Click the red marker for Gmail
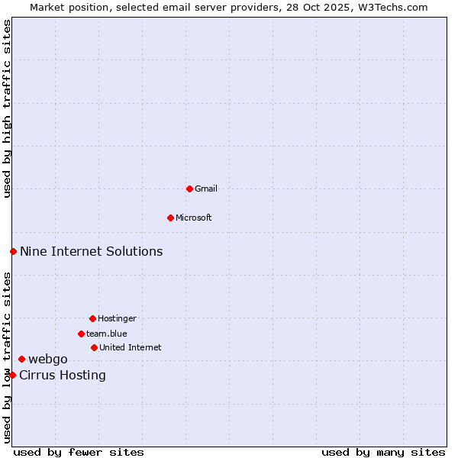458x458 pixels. click(x=189, y=189)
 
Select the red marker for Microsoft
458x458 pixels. click(x=170, y=218)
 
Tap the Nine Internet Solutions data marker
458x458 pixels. click(x=13, y=251)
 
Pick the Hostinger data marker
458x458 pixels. click(x=92, y=318)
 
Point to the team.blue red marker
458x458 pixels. click(x=81, y=334)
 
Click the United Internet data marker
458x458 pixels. click(x=94, y=347)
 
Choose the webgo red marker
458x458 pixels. click(x=21, y=359)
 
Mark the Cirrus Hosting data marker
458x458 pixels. click(x=12, y=375)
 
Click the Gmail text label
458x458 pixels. click(x=206, y=189)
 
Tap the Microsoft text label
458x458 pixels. click(x=194, y=218)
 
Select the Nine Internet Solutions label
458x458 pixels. click(x=91, y=251)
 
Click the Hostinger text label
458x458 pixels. click(x=117, y=318)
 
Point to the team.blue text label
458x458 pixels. click(x=107, y=334)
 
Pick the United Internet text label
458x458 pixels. click(x=131, y=347)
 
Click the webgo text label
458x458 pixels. click(x=48, y=359)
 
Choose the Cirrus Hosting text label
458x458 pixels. click(x=63, y=375)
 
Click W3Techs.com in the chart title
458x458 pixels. click(x=395, y=7)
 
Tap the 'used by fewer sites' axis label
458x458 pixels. click(x=79, y=452)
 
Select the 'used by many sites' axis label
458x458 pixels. click(x=383, y=452)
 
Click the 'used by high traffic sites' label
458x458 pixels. click(x=8, y=108)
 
